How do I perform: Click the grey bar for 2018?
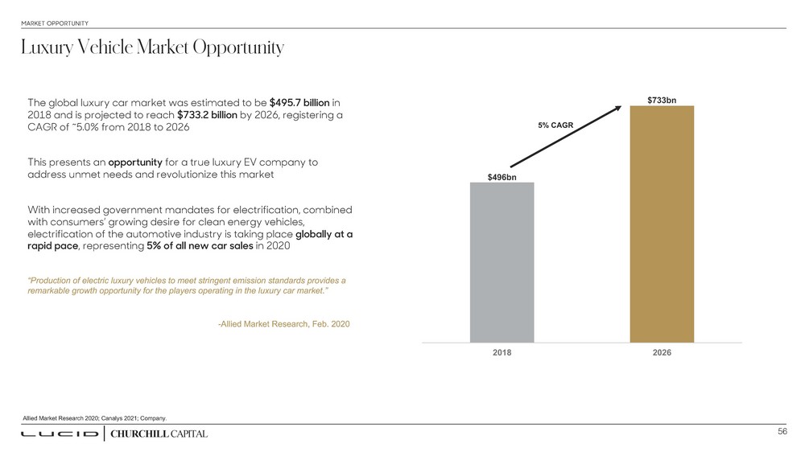tap(502, 262)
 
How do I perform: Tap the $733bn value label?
tap(662, 100)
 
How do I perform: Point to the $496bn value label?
tap(502, 176)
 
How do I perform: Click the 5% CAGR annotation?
tap(555, 125)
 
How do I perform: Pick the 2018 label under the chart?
tap(502, 353)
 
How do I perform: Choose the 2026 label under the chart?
tap(662, 353)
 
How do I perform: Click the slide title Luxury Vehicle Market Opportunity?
tap(153, 49)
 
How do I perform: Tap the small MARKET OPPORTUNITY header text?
tap(55, 23)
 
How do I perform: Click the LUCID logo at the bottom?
tap(60, 434)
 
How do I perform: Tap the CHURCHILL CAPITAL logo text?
tap(158, 434)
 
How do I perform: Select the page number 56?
tap(782, 432)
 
